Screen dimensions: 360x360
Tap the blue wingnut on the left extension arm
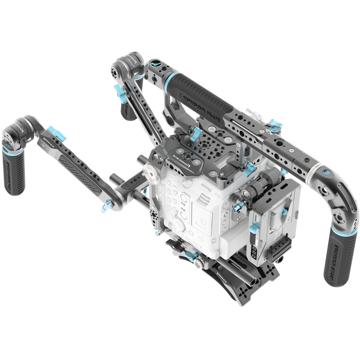(56, 134)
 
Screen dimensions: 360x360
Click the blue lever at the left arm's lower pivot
(107, 207)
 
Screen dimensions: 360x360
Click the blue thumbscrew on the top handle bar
(275, 125)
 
